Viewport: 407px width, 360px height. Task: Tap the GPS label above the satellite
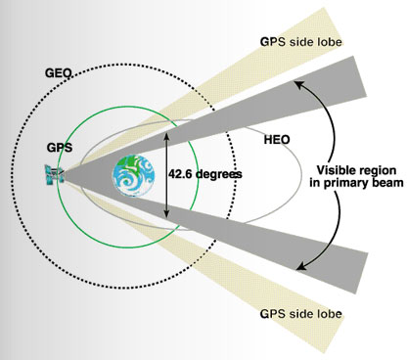coord(60,148)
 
